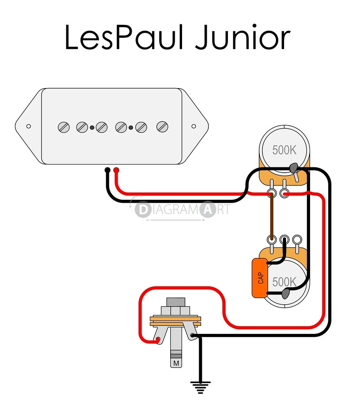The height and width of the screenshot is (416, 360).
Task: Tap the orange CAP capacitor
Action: tap(260, 278)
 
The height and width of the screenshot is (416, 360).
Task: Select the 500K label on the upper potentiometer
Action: tap(284, 150)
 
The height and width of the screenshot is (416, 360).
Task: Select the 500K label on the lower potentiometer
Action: tap(284, 281)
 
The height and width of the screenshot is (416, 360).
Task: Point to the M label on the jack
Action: tap(176, 362)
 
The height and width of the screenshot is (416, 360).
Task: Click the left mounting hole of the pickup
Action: tap(28, 126)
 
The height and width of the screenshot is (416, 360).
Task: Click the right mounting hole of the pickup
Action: tap(194, 126)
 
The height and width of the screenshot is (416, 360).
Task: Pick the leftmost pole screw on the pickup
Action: tap(63, 127)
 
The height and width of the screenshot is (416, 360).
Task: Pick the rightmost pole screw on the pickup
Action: tap(163, 127)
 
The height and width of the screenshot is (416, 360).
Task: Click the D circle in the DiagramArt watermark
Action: tap(143, 210)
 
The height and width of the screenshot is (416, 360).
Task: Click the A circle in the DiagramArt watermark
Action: tap(208, 210)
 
